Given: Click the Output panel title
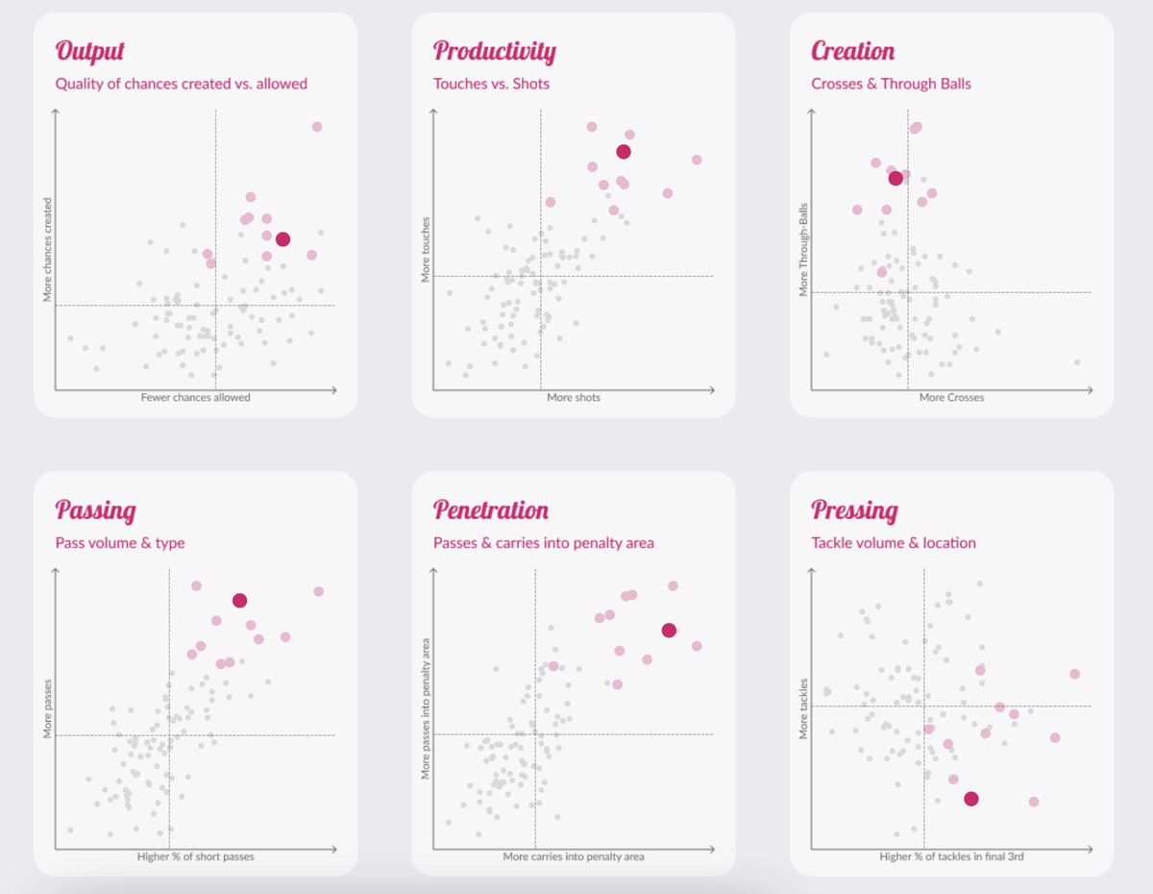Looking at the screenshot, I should [89, 51].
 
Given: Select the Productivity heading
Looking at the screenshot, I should [494, 51].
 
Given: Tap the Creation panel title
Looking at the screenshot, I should [852, 51].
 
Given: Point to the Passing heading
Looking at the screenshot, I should [95, 509].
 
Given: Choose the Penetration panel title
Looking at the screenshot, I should [490, 509].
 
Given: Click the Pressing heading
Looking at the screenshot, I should [854, 509].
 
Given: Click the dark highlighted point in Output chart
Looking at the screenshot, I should [282, 239].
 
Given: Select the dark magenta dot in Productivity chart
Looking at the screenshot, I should [624, 152].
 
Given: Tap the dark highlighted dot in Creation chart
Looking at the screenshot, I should [895, 178].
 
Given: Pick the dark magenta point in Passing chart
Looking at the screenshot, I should [239, 600].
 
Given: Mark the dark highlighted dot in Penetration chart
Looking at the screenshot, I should [669, 630].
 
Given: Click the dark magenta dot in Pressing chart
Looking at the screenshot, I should [971, 799].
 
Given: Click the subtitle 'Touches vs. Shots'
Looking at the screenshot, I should [491, 84].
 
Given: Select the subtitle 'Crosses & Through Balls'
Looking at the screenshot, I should [891, 84].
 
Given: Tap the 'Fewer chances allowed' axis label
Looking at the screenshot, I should [195, 397].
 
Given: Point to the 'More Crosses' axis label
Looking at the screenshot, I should [951, 397].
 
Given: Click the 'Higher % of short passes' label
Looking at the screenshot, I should [195, 856].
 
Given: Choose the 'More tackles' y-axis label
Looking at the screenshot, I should [803, 709].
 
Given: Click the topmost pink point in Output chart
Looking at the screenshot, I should [317, 127].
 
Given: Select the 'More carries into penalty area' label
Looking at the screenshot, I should [574, 856].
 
